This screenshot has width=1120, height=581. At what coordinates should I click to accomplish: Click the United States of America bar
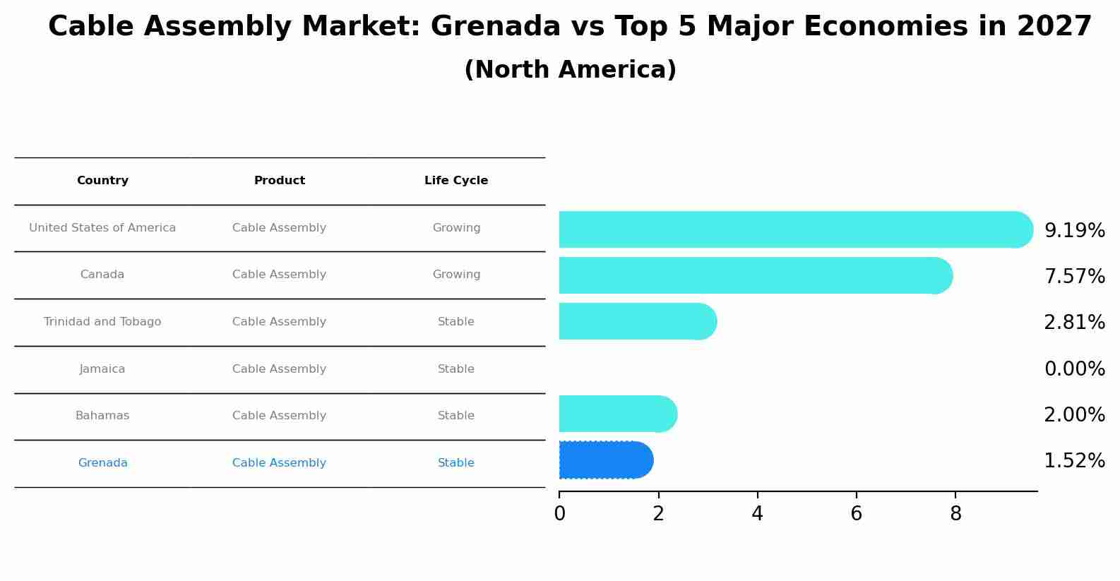795,229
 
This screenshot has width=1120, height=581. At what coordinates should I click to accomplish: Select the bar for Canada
756,275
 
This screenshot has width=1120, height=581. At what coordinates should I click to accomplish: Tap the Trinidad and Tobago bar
638,321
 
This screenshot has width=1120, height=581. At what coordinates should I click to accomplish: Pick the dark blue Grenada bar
606,460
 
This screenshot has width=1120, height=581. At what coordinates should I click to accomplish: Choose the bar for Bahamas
618,414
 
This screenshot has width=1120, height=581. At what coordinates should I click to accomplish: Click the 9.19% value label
1074,231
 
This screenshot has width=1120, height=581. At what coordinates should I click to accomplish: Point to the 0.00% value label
1074,369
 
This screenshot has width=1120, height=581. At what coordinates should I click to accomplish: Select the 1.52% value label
1074,461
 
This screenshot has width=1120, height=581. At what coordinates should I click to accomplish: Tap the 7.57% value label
1074,277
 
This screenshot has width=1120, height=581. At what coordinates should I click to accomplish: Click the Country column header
102,181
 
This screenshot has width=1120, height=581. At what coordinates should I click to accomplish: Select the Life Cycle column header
456,181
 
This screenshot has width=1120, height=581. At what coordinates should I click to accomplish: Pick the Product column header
280,181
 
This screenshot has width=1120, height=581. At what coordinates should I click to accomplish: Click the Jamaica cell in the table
102,369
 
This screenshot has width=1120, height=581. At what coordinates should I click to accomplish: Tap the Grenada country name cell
102,463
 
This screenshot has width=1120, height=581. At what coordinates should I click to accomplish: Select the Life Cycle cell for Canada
456,275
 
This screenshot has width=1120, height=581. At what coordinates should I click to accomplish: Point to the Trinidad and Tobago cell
102,322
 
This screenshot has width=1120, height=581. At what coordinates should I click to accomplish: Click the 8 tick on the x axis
955,514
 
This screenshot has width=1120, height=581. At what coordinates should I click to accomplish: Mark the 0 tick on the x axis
559,514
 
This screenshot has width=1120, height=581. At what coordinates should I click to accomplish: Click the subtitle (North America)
570,70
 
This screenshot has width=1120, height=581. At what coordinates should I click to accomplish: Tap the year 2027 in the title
1054,27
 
